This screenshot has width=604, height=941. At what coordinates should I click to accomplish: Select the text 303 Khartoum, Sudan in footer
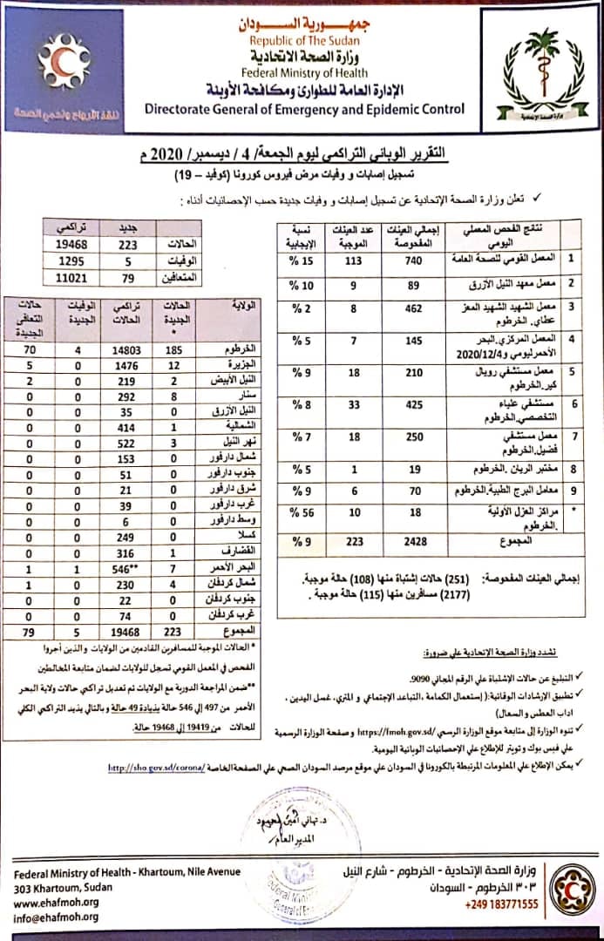pos(68,888)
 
